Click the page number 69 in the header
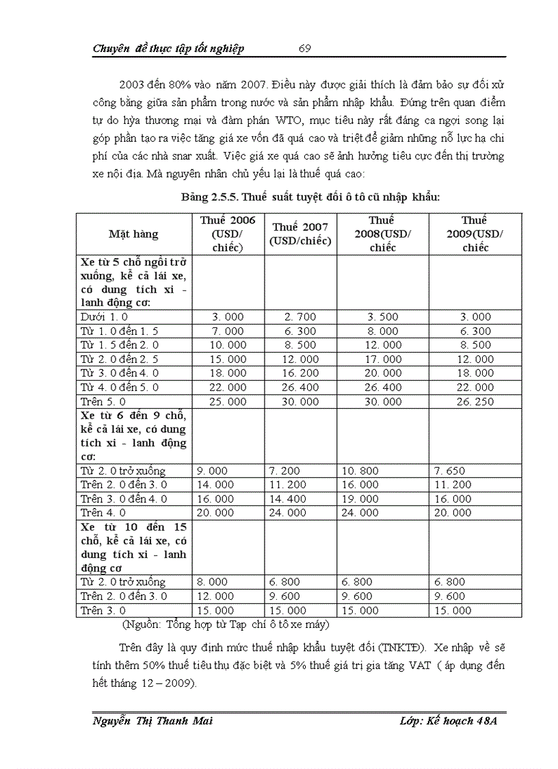(x=305, y=48)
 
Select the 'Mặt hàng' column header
(x=133, y=234)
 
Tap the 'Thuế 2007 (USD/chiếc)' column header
(x=300, y=234)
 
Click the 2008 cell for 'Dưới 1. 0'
(x=383, y=317)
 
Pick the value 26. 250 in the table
(x=475, y=402)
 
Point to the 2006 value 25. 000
(x=228, y=402)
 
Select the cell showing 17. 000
(x=383, y=360)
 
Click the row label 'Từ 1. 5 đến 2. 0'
(x=120, y=345)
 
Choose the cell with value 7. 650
(x=453, y=471)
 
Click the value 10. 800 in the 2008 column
(x=360, y=471)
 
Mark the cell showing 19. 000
(x=360, y=499)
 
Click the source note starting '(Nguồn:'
(x=226, y=625)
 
